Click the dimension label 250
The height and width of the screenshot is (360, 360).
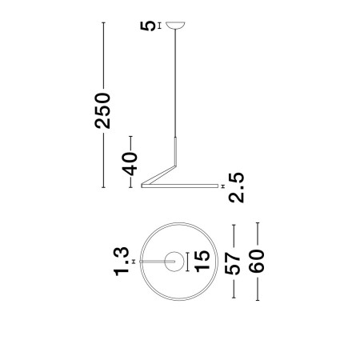pos(103,111)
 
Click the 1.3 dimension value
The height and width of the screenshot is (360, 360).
pos(122,261)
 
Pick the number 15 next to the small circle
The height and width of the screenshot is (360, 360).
pos(202,261)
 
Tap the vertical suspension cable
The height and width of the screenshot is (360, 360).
pos(176,88)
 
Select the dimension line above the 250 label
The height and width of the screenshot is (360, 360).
pos(103,56)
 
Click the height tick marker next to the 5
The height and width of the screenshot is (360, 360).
pos(160,26)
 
